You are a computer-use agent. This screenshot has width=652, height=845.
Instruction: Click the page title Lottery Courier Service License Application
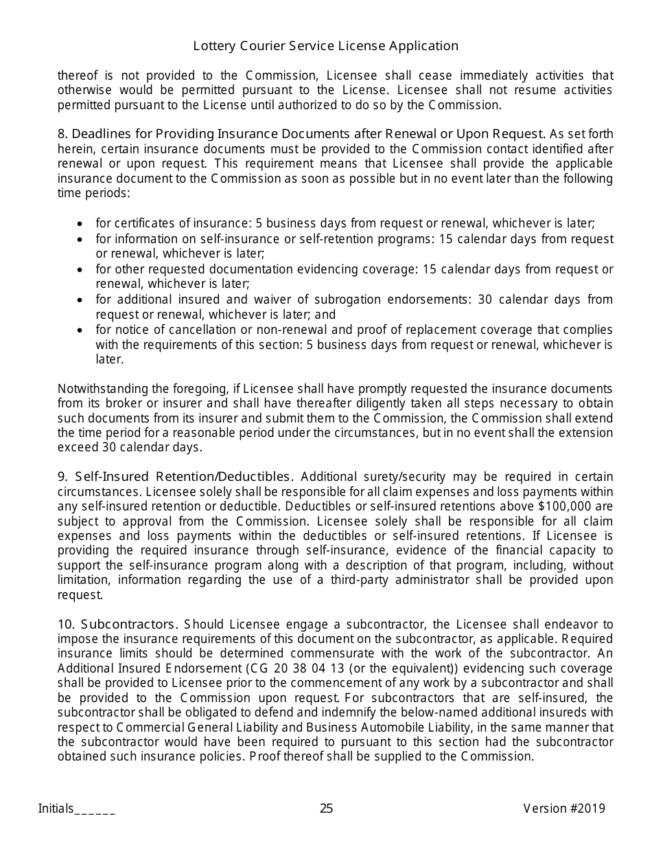[326, 46]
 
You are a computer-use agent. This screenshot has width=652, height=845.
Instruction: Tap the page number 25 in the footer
[326, 809]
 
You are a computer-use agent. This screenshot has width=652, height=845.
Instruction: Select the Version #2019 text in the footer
[564, 809]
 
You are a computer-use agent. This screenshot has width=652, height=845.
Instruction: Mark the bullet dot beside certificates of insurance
[81, 224]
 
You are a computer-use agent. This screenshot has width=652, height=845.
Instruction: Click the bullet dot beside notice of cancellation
[81, 330]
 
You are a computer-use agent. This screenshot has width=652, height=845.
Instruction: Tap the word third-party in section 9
[373, 580]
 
